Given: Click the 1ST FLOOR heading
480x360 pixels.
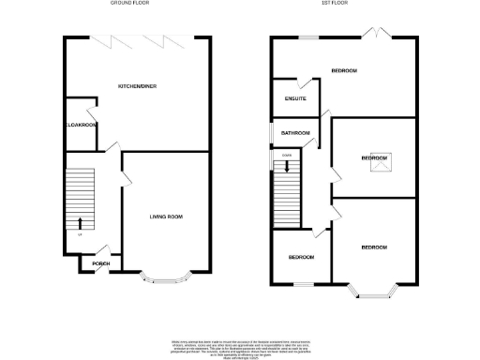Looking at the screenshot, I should point(335,5).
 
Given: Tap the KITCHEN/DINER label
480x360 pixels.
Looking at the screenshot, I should point(135,86).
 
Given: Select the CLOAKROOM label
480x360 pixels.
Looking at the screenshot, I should point(81,124).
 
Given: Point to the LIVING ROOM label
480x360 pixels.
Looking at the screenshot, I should point(166,217).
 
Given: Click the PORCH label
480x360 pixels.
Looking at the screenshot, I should point(100,263).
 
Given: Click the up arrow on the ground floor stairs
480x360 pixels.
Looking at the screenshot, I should point(80,223).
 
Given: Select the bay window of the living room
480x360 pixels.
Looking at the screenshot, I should point(167,277).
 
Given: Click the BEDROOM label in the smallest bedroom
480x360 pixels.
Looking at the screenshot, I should point(300,257).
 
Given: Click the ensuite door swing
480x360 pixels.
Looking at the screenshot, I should point(317,86).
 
